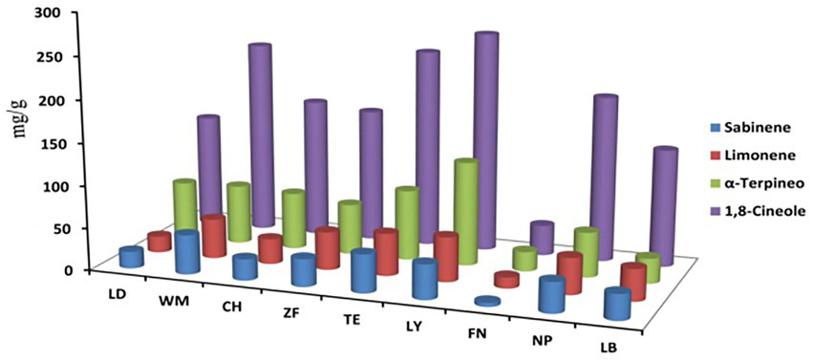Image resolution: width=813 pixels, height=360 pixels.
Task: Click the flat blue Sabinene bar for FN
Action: click(x=487, y=302)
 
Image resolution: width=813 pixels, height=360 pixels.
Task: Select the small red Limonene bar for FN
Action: click(x=506, y=280)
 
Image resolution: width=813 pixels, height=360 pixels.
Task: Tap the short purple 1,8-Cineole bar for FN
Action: click(x=542, y=237)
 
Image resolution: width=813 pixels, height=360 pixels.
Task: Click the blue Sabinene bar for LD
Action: click(x=131, y=257)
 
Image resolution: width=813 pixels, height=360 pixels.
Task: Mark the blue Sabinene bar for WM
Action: click(x=187, y=253)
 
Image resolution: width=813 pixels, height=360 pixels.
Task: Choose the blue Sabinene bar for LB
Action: click(x=617, y=306)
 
